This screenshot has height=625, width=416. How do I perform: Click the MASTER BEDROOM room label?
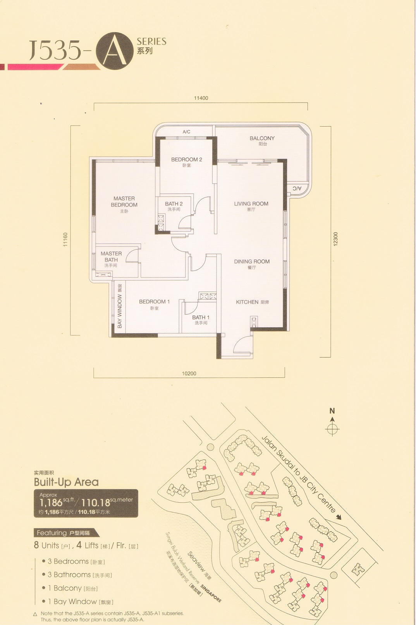coord(124,202)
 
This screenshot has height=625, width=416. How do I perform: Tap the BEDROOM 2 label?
coord(186,159)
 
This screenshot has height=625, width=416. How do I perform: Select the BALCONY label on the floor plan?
coord(262,138)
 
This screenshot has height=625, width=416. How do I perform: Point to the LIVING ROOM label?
coord(251,204)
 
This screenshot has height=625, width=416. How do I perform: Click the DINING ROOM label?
coord(252,262)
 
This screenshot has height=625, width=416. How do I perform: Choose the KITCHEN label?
coord(247,302)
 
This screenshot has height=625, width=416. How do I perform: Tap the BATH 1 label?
coord(201,317)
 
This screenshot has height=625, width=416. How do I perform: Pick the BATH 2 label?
coord(174,204)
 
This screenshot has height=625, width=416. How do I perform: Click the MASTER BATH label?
coord(111,257)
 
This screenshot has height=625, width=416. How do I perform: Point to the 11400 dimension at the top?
coord(201,98)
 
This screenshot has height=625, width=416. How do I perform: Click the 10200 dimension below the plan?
coord(189,373)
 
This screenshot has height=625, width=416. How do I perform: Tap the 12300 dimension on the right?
coord(335,239)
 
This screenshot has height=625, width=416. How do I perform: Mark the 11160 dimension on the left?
coord(65,240)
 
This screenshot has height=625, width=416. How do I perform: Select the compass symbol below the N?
coord(332,430)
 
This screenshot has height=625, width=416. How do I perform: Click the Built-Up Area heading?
coord(66,482)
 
